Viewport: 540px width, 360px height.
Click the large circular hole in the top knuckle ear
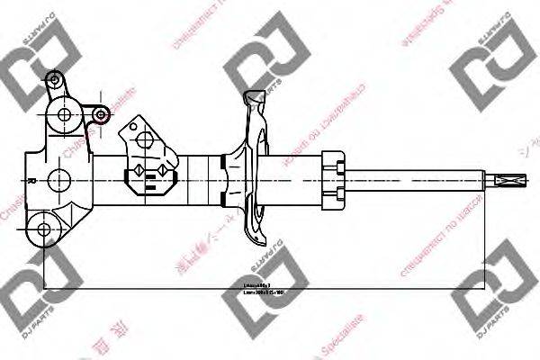coord(64,114)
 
